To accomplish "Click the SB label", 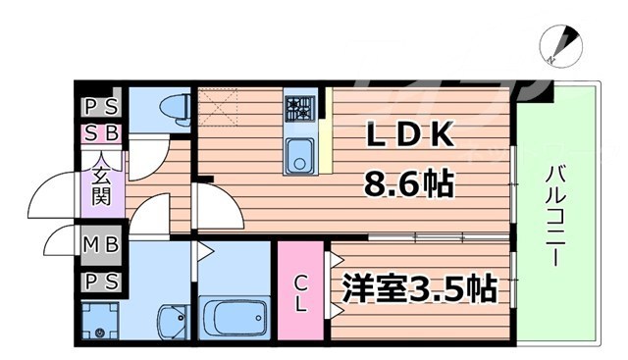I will point(101,132).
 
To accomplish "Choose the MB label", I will point(101,243).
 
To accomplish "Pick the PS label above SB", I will point(101,107).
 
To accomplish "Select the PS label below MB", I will point(101,282).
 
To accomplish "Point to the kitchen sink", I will point(297,155).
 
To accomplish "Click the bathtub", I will point(235,317).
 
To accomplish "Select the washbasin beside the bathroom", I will point(171,320).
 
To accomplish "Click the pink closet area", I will point(302,292).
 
